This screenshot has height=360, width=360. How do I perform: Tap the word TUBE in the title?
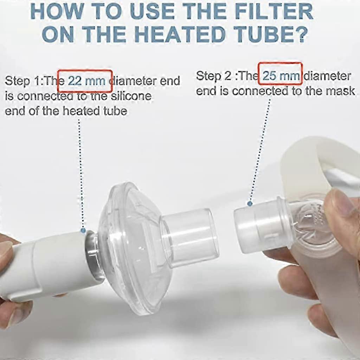click(x=267, y=34)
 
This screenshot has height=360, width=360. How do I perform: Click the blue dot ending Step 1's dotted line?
click(x=83, y=231)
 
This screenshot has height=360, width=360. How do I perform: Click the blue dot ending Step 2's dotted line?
click(x=250, y=203)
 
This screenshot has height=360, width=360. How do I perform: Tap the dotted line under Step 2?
click(x=260, y=151)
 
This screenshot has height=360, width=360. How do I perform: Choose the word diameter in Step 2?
click(x=327, y=76)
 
